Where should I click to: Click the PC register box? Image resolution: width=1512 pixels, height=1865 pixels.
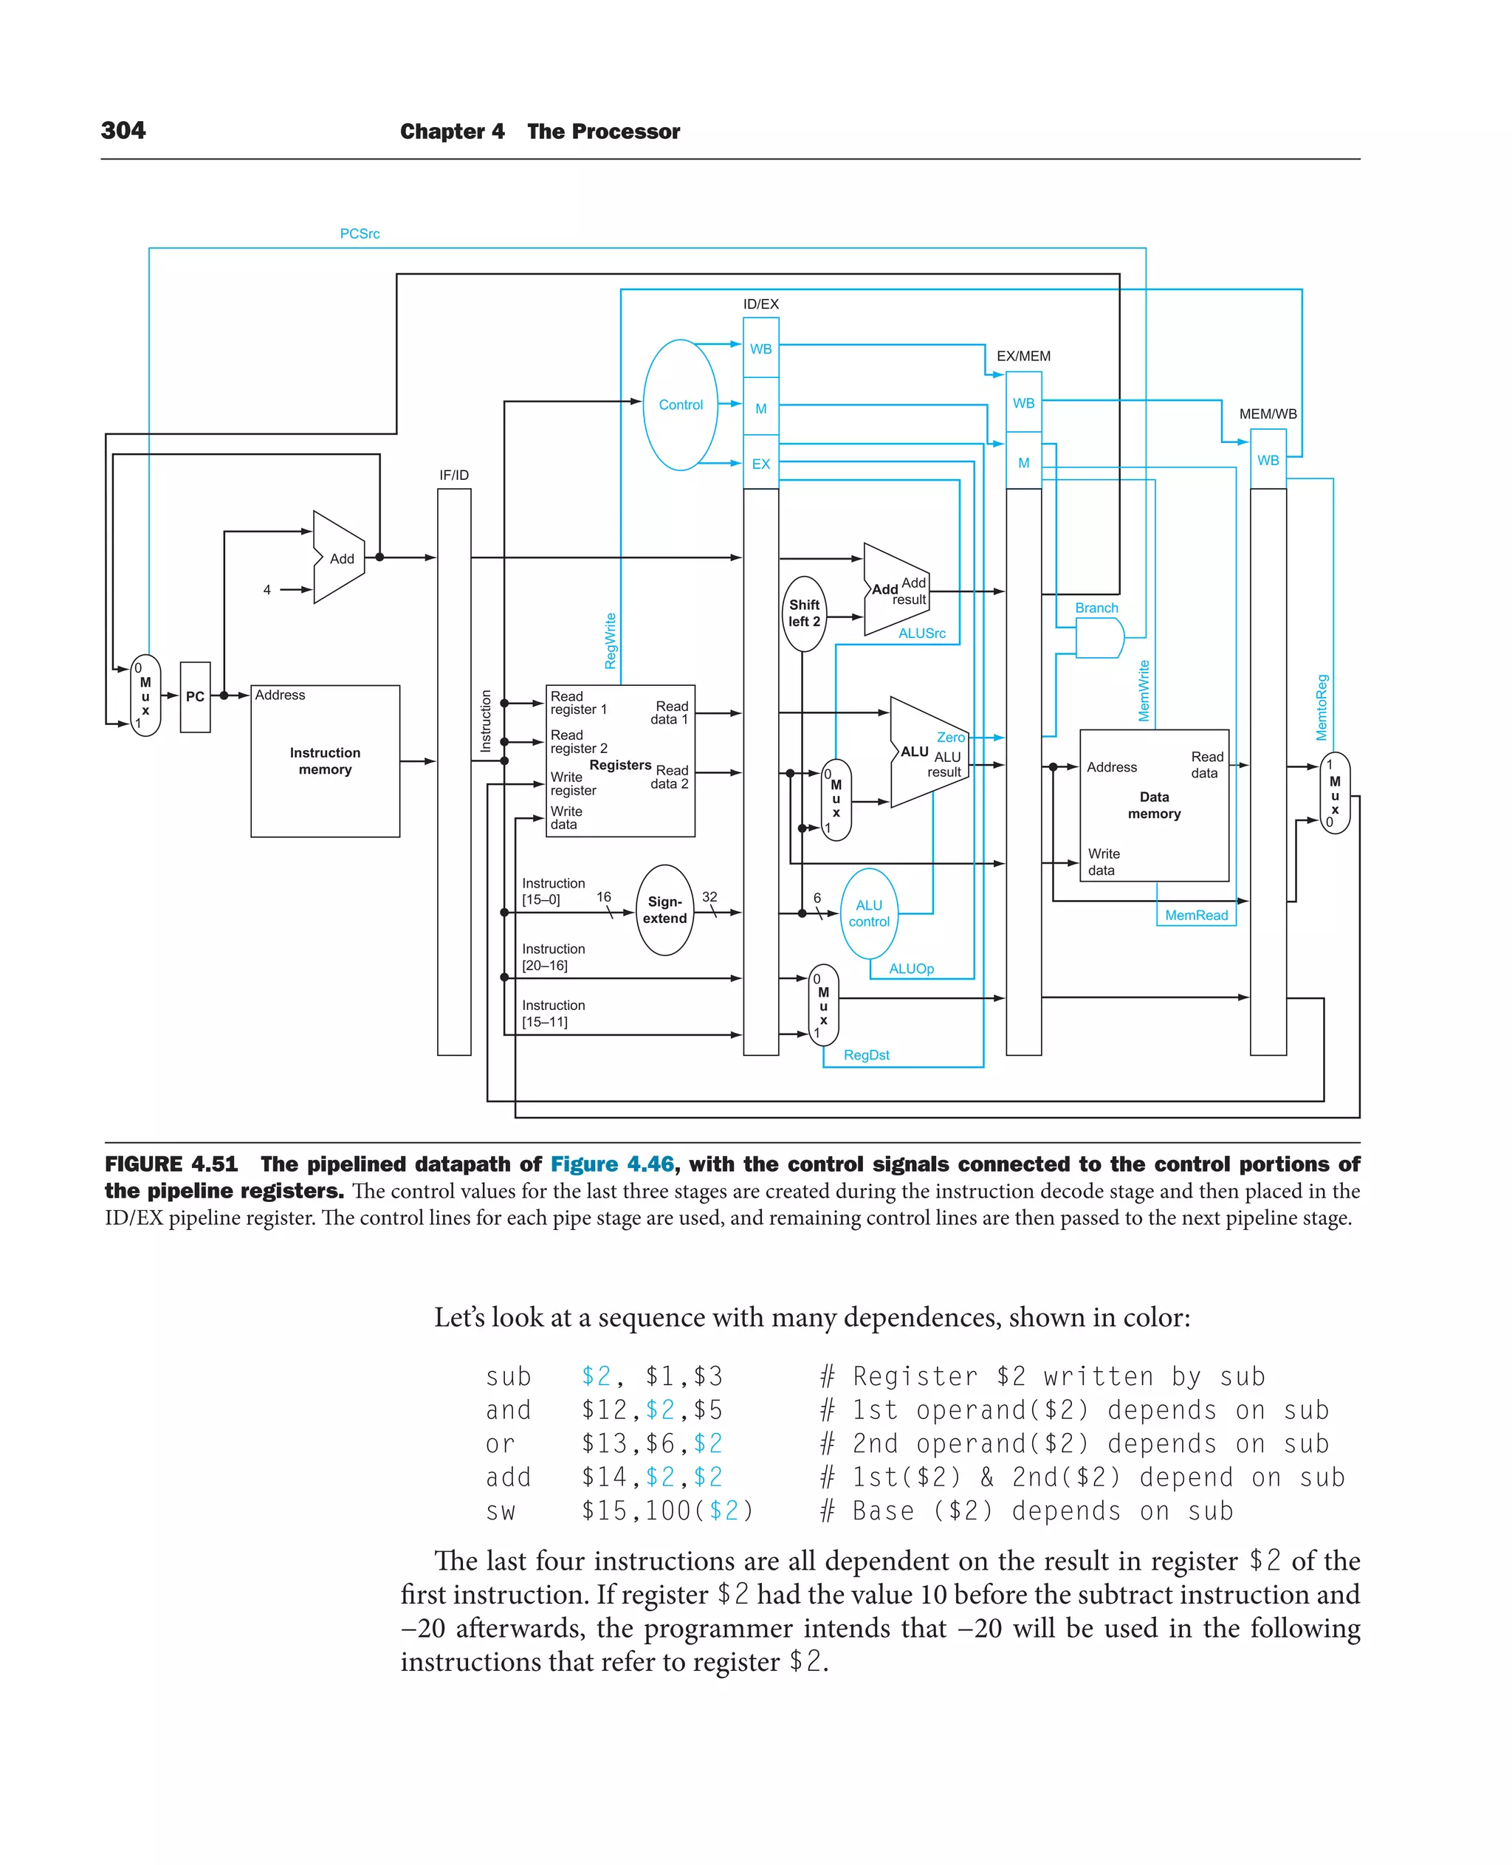(x=195, y=696)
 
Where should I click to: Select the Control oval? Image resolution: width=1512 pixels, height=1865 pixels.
(x=680, y=405)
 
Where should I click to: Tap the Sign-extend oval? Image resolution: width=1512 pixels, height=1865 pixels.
(x=664, y=910)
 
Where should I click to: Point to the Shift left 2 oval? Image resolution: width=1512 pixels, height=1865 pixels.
(x=804, y=614)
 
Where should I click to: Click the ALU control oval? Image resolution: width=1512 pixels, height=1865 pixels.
(x=868, y=913)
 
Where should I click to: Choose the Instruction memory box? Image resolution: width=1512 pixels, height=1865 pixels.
(x=325, y=760)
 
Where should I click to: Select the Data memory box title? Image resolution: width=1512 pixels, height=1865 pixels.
(x=1154, y=805)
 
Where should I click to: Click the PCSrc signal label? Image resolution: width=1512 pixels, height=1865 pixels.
(x=359, y=233)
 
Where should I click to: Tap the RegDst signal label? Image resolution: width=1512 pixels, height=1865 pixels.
(x=866, y=1055)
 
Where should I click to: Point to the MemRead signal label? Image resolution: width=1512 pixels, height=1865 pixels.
(x=1196, y=915)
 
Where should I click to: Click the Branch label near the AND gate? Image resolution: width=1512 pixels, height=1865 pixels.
(x=1096, y=608)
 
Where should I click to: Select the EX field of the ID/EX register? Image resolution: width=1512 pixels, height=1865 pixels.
(x=760, y=464)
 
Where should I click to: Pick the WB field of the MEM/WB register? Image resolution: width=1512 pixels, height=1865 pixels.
(x=1267, y=460)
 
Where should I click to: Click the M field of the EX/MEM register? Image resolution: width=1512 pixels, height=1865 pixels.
(x=1023, y=462)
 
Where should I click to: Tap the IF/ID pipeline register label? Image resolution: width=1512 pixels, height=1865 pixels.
(x=454, y=475)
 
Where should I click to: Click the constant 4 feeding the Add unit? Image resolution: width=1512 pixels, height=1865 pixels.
(x=267, y=590)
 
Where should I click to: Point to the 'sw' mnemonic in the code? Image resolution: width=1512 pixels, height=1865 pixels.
(x=500, y=1511)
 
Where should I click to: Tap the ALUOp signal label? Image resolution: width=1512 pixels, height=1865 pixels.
(x=911, y=969)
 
